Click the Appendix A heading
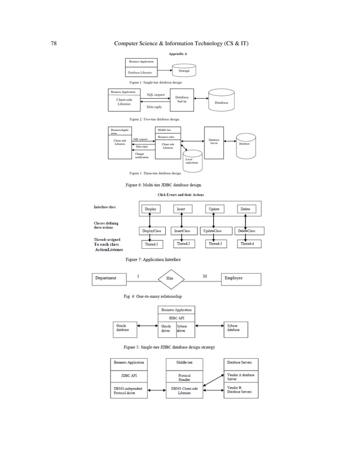click(x=178, y=54)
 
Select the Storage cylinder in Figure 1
click(x=184, y=71)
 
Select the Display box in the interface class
click(x=151, y=209)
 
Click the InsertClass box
click(x=182, y=231)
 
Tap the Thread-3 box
click(x=214, y=244)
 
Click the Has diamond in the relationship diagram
click(x=170, y=279)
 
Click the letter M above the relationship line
click(x=205, y=275)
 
